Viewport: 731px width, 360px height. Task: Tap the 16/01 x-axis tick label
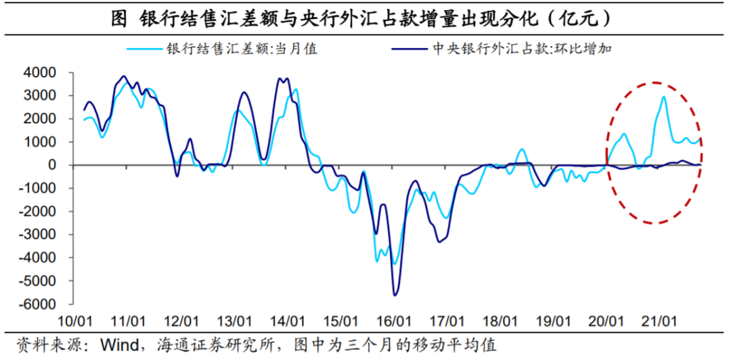click(393, 320)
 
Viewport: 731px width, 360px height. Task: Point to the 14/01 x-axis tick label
click(287, 320)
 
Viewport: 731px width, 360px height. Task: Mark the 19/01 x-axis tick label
click(552, 320)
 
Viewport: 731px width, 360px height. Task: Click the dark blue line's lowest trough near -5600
click(395, 294)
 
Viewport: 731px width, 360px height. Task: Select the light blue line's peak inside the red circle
click(663, 97)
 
